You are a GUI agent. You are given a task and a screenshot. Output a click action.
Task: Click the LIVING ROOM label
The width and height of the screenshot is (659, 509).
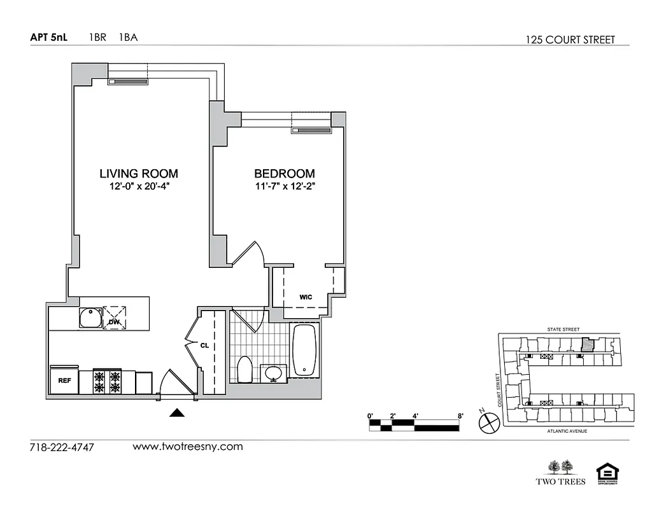(x=138, y=173)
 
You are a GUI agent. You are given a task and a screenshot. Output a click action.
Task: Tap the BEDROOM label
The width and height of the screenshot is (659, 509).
(x=284, y=173)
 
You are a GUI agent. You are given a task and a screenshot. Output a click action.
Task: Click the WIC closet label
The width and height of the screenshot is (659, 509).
(x=307, y=297)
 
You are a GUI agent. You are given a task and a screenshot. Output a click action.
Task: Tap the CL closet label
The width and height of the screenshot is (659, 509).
(x=205, y=346)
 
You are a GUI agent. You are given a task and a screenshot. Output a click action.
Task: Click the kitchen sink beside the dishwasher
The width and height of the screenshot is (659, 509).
(x=90, y=317)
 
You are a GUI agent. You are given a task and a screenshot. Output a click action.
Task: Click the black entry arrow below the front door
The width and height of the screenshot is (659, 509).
(x=177, y=413)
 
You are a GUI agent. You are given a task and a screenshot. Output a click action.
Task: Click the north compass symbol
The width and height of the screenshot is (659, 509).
(x=488, y=421)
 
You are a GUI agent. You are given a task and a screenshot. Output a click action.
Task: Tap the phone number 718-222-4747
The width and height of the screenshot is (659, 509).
(x=62, y=447)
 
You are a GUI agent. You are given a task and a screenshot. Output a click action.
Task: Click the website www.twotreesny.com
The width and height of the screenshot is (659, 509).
(x=188, y=446)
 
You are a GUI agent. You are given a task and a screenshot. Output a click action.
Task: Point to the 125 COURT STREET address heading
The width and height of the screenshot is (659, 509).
(x=570, y=39)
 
